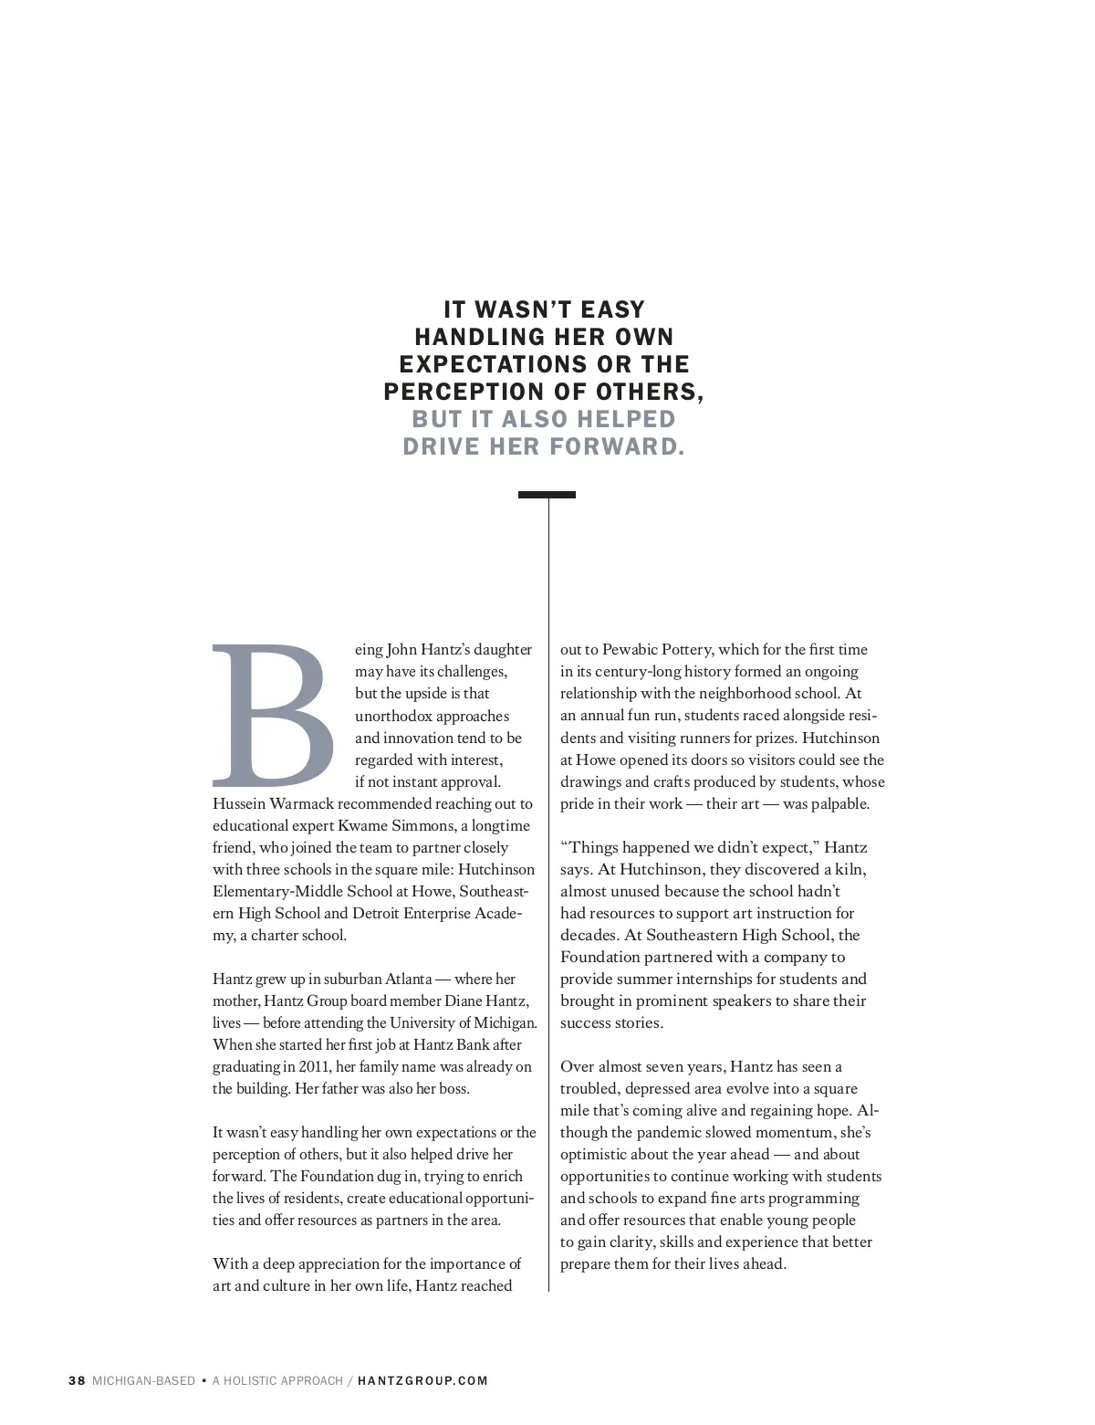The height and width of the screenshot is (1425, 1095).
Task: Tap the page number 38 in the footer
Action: [x=77, y=1380]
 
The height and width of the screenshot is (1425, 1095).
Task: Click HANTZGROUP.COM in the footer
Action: [x=422, y=1380]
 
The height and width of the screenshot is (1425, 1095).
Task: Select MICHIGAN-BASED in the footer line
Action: [x=143, y=1380]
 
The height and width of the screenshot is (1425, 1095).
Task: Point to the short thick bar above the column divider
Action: [x=547, y=495]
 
